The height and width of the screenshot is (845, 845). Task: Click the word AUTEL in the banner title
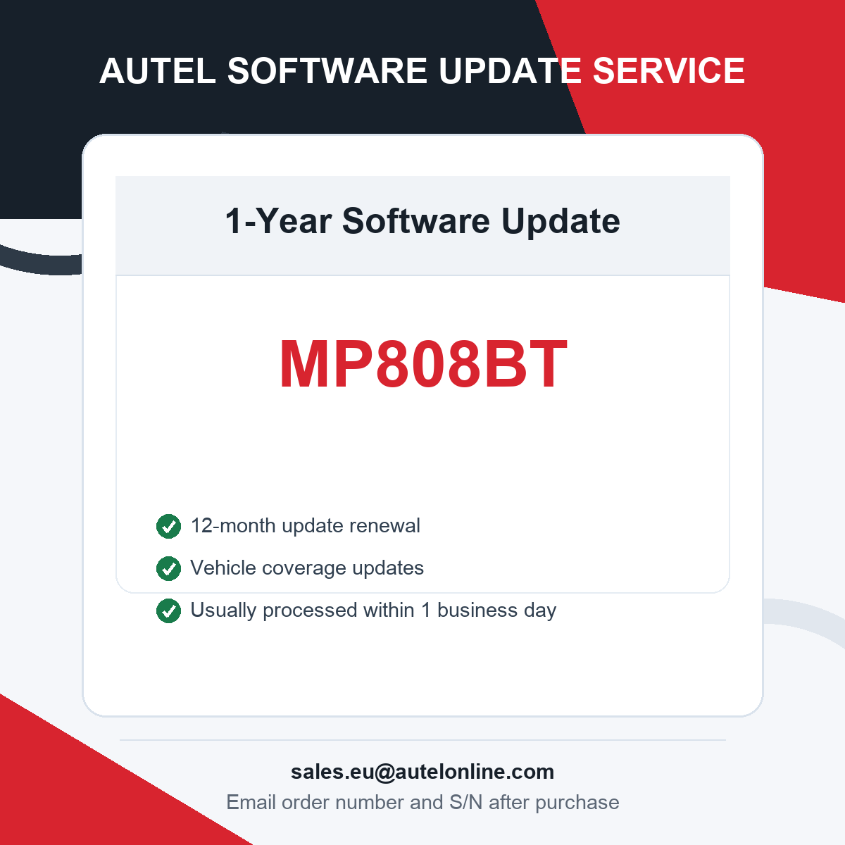(x=158, y=70)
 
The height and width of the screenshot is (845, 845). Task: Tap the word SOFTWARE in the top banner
(x=327, y=70)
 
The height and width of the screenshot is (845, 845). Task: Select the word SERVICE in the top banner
(x=668, y=70)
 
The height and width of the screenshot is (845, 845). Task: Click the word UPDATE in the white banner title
(x=510, y=70)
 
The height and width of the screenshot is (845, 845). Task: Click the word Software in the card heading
(x=415, y=220)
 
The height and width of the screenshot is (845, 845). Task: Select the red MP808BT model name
(x=423, y=364)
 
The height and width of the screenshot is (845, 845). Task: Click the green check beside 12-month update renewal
(x=168, y=526)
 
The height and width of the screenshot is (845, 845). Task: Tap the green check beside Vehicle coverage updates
(x=168, y=568)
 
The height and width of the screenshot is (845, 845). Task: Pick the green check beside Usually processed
(x=168, y=611)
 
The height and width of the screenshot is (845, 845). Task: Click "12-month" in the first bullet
(x=233, y=525)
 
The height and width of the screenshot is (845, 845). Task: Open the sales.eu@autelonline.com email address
(x=423, y=772)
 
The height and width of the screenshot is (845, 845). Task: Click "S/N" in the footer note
(x=465, y=803)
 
